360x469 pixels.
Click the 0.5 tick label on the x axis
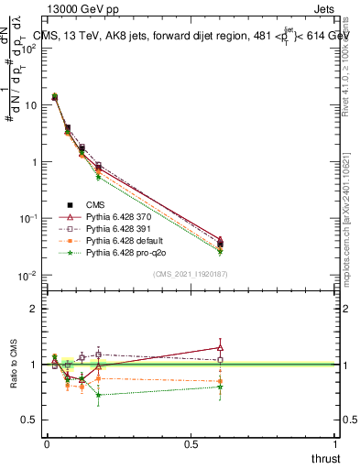pos(191,444)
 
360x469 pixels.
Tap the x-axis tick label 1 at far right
pos(335,444)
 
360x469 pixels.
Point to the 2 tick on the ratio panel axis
pos(34,309)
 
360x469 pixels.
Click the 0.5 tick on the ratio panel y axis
pos(29,420)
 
